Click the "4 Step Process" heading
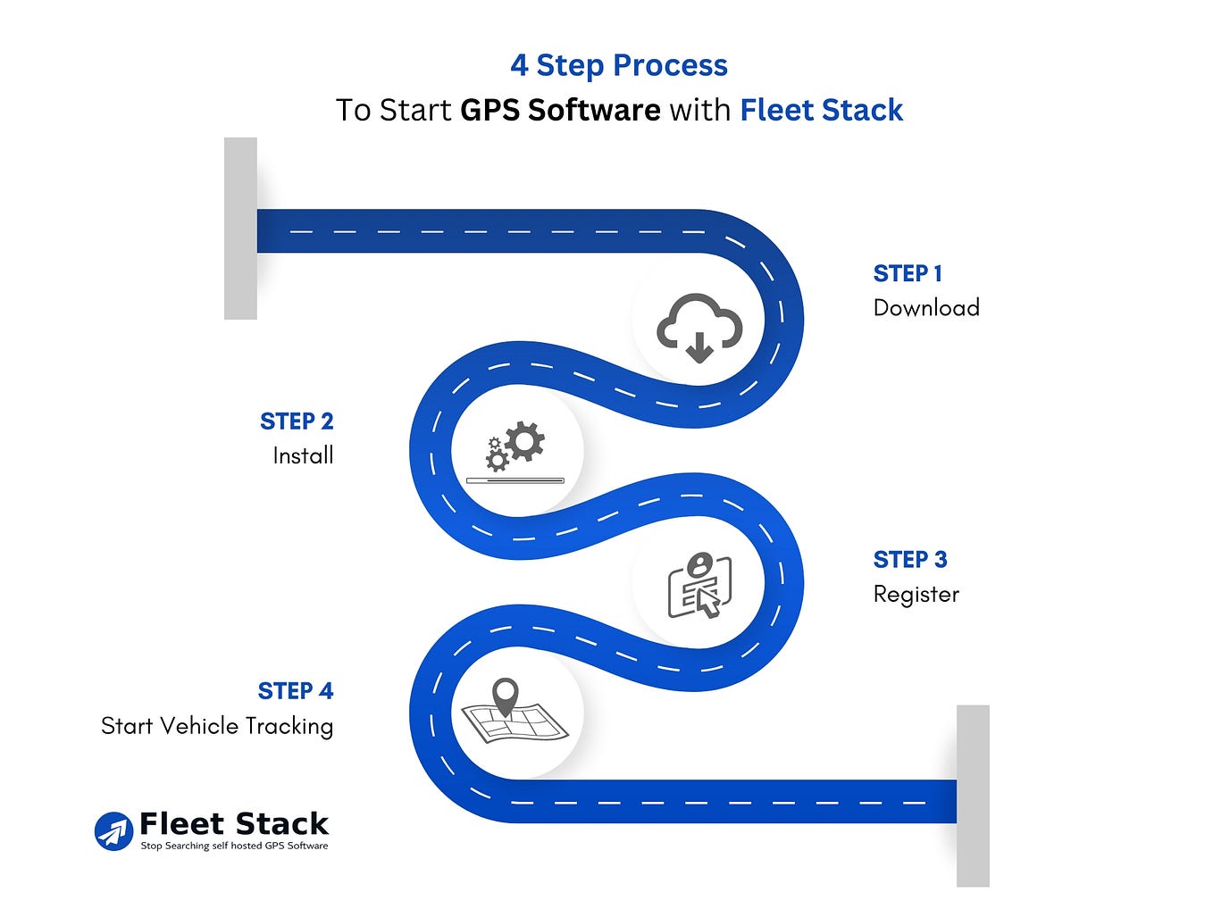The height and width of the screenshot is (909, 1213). pyautogui.click(x=618, y=66)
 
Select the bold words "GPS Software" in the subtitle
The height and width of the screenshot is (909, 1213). pyautogui.click(x=560, y=110)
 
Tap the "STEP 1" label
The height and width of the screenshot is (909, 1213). pyautogui.click(x=907, y=274)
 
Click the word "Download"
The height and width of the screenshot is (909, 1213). pyautogui.click(x=926, y=307)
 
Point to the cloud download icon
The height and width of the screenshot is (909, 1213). pyautogui.click(x=699, y=327)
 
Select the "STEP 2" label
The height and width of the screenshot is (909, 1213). pyautogui.click(x=297, y=421)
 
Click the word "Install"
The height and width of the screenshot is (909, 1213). pyautogui.click(x=303, y=455)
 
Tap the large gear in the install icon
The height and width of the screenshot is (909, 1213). pyautogui.click(x=524, y=441)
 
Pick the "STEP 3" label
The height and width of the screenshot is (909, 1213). pyautogui.click(x=910, y=560)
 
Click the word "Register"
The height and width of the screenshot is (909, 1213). pyautogui.click(x=916, y=594)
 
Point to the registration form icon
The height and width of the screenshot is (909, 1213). pyautogui.click(x=699, y=586)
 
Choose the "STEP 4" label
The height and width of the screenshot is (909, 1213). pyautogui.click(x=296, y=691)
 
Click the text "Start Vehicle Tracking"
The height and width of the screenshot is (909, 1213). pyautogui.click(x=217, y=726)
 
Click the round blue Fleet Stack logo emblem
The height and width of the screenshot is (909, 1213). pyautogui.click(x=113, y=831)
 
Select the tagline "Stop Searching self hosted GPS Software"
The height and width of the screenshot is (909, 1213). pyautogui.click(x=234, y=846)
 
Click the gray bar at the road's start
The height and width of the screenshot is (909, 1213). pyautogui.click(x=240, y=228)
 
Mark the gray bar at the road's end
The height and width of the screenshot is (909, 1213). pyautogui.click(x=973, y=796)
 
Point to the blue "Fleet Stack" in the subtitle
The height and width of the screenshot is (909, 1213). pyautogui.click(x=821, y=110)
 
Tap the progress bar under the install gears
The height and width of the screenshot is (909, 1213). pyautogui.click(x=515, y=480)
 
